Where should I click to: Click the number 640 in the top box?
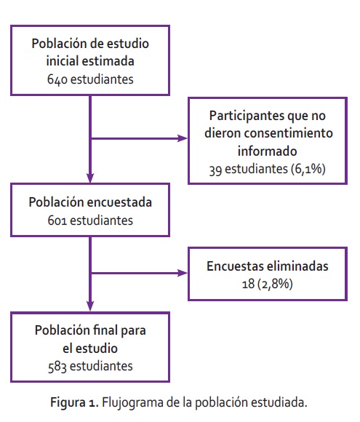pos(57,79)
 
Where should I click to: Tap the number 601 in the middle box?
pos(57,220)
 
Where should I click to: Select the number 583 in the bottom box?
pos(57,367)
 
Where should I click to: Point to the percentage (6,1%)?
pos(308,169)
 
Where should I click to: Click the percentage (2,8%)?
pos(275,284)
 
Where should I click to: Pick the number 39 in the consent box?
pos(215,170)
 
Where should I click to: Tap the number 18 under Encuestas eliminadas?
pos(248,284)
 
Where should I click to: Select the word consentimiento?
pos(289,133)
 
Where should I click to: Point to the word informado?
pos(268,151)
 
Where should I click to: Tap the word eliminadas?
pos(297,266)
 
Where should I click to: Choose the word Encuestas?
pos(235,266)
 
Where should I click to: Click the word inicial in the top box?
pos(62,61)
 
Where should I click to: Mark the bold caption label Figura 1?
pos(73,403)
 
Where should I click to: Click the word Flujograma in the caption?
pos(132,403)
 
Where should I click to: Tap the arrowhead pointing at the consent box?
pos(183,138)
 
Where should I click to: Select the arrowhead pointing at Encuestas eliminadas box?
pos(183,273)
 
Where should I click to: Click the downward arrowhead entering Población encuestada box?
pos(90,178)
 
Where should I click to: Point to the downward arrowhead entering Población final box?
pos(90,306)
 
